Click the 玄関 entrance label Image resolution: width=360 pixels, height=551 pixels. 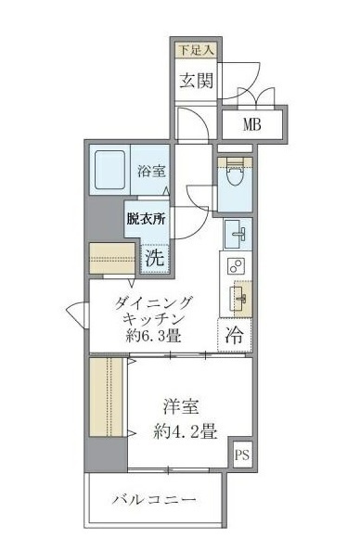point(197,80)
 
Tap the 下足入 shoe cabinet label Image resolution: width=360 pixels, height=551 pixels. point(196,49)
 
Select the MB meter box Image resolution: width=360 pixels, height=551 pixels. point(251,124)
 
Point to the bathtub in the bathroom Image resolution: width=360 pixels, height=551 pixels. point(112,171)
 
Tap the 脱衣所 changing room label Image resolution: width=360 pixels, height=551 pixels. point(146,221)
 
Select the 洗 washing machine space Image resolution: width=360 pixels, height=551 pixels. point(154,257)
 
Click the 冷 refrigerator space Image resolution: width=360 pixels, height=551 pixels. point(235,336)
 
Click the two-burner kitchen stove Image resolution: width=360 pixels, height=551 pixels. point(234,268)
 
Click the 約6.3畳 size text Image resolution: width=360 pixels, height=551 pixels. point(154,336)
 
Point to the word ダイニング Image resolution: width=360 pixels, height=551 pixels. point(154,301)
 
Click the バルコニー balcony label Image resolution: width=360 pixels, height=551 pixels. point(154,501)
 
